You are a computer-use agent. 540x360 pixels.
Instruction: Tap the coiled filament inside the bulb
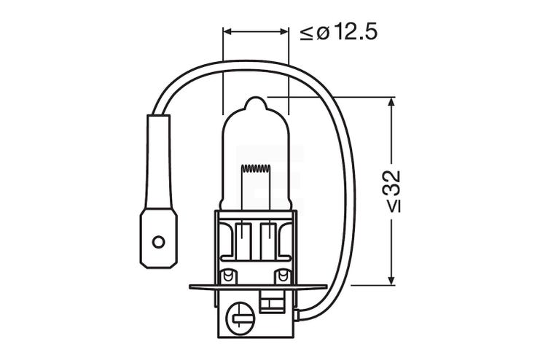point(255,170)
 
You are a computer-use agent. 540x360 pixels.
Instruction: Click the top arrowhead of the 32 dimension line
point(392,102)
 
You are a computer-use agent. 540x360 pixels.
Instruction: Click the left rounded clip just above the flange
point(229,276)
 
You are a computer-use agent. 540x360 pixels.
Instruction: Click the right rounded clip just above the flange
point(281,276)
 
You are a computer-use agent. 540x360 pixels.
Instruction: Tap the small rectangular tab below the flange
point(275,300)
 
